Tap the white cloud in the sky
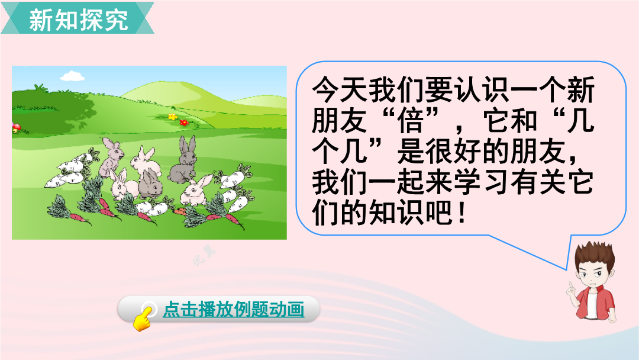click(x=73, y=76)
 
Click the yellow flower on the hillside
click(x=173, y=117)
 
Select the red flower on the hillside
click(x=184, y=122)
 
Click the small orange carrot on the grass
click(x=179, y=211)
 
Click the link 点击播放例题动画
click(x=234, y=310)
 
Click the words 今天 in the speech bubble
click(x=340, y=89)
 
